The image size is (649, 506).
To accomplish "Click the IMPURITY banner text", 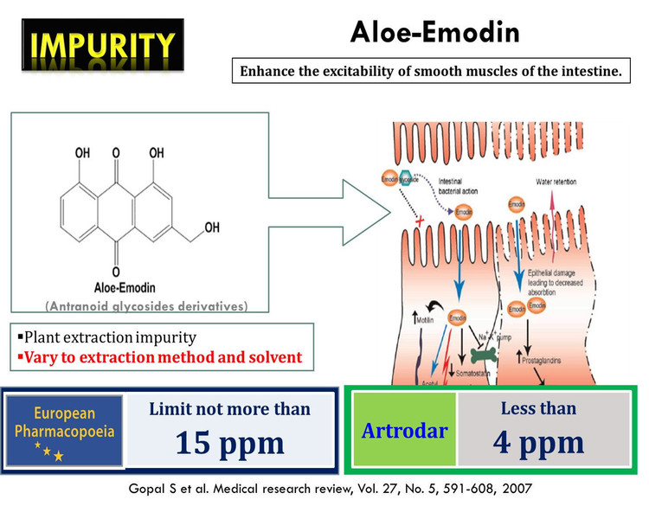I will pos(98,42).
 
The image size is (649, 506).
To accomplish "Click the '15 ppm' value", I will pos(229,442).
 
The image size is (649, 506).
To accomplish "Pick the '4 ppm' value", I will pos(537,442).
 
